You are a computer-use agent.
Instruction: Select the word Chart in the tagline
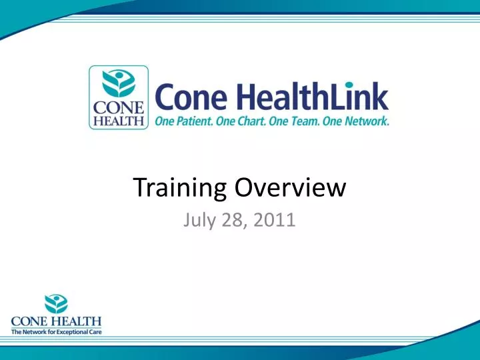pos(252,121)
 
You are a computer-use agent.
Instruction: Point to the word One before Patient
pos(166,121)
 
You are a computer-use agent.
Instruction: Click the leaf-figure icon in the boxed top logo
pos(118,83)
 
